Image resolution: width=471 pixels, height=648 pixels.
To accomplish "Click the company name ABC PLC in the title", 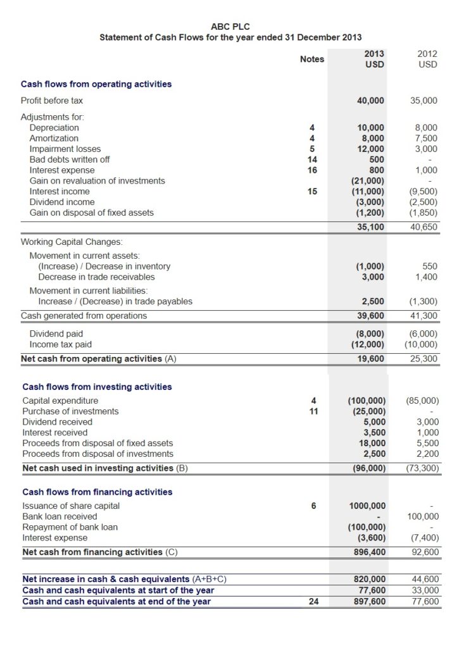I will tap(230, 26).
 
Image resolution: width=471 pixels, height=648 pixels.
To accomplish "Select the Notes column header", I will tap(311, 59).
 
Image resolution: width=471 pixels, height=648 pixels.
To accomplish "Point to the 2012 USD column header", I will tap(427, 59).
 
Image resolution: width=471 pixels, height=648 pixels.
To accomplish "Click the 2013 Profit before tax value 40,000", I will tap(370, 101).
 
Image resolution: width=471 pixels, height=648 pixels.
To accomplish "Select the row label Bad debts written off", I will tap(70, 159).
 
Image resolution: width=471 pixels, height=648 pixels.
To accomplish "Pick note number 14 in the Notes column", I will tap(311, 159).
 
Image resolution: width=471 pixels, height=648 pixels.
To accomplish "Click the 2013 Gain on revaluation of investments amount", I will tap(368, 181).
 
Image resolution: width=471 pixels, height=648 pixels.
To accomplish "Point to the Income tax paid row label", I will tap(61, 344).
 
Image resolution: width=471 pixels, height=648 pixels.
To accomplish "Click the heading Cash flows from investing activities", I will tap(97, 387).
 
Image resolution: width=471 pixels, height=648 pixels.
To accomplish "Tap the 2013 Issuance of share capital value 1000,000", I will tap(367, 506).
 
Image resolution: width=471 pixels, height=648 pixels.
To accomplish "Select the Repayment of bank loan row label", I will tap(70, 527).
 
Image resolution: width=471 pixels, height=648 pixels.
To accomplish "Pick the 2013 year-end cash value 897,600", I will tap(368, 601).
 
